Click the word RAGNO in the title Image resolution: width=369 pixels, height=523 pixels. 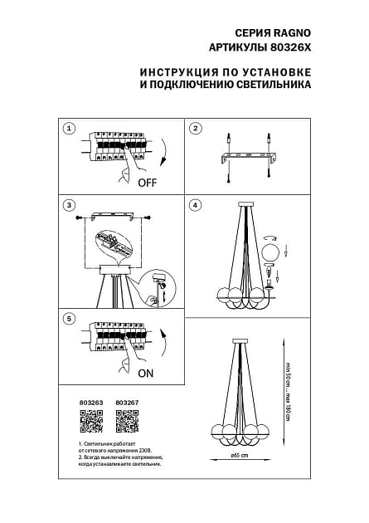(294, 33)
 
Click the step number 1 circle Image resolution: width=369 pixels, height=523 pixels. (69, 129)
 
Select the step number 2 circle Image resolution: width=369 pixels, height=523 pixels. (197, 129)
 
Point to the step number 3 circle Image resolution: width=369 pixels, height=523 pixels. (69, 205)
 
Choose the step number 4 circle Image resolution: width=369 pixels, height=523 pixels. (197, 205)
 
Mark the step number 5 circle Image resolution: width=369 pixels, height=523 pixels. (69, 319)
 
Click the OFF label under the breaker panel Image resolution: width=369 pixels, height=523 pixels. (148, 182)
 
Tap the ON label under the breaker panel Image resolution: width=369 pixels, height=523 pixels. (146, 374)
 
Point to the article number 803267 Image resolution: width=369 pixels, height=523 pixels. (125, 403)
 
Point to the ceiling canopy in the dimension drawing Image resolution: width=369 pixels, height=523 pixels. (241, 341)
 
